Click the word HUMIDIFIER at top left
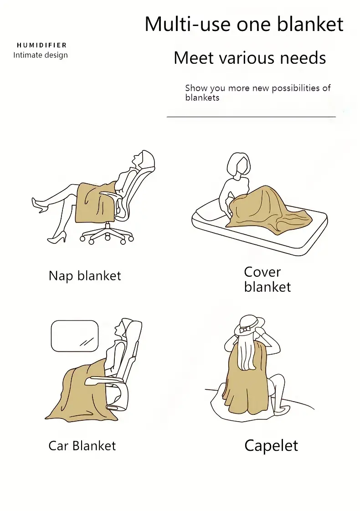42,45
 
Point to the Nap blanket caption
85,276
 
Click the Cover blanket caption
267,279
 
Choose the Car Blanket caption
82,445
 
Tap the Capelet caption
271,446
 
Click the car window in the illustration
75,336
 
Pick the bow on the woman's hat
245,330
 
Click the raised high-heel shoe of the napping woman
40,204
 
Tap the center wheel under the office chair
108,238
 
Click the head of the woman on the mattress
239,165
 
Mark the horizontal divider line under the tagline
251,116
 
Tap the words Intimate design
41,55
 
